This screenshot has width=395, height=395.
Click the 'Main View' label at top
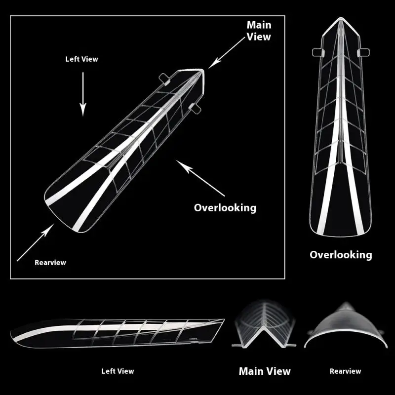pos(259,30)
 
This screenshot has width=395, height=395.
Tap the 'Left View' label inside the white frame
pos(82,59)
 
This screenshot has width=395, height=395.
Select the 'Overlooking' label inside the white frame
pos(225,207)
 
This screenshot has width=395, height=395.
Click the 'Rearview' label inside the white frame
pos(50,263)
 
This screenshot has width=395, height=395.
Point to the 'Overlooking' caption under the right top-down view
pos(341,255)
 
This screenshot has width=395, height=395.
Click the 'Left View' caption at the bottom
pos(118,371)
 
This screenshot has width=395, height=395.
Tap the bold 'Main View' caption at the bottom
pos(265,371)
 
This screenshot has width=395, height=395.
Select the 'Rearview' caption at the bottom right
pos(346,371)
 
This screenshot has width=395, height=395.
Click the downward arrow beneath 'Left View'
pos(83,94)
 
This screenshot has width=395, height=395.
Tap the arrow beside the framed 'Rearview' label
pos(35,243)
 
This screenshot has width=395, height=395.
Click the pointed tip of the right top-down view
pos(341,20)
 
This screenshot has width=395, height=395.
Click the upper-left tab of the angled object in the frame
pos(164,77)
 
